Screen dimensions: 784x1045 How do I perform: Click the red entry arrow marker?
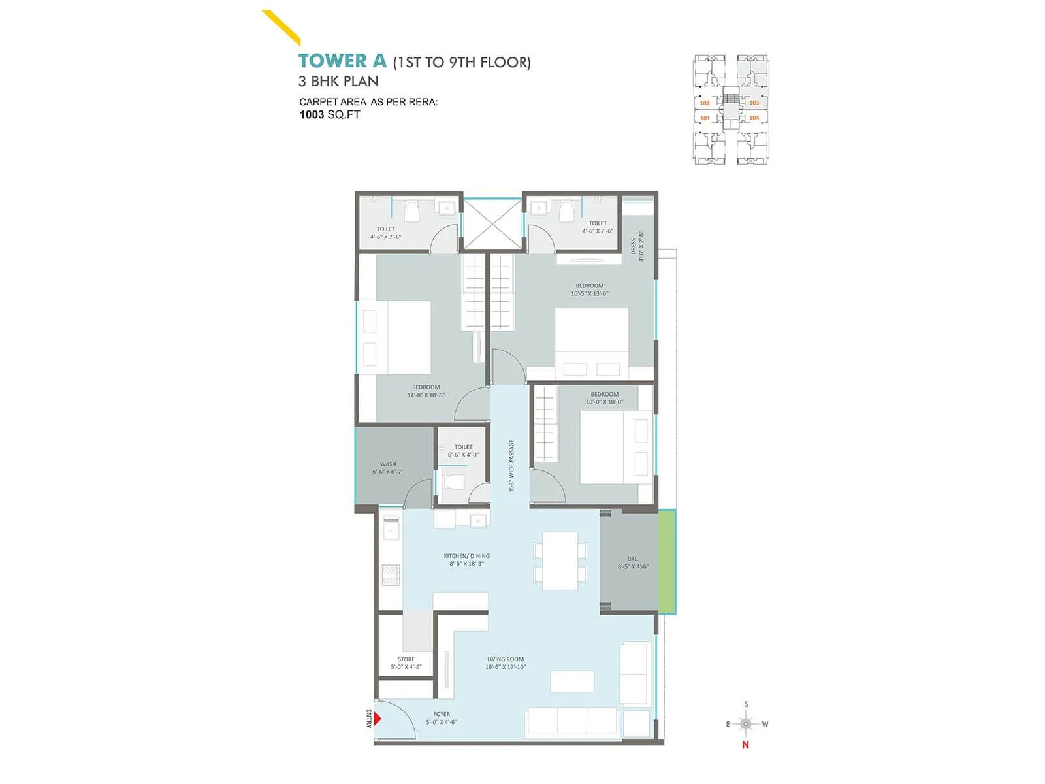point(377,719)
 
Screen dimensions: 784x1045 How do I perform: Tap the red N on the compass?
point(745,745)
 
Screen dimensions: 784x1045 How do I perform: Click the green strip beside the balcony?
point(667,562)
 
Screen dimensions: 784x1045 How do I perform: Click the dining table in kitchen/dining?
point(560,561)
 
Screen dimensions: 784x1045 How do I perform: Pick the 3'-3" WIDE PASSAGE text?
point(512,465)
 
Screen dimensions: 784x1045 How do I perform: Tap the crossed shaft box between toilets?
point(492,223)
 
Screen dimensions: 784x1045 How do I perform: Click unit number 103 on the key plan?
point(754,103)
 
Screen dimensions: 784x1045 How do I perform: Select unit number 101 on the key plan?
point(705,118)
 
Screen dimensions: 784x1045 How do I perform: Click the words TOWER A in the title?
point(342,61)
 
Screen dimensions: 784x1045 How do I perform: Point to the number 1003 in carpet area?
point(312,115)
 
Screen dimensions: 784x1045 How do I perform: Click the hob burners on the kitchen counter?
point(391,576)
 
